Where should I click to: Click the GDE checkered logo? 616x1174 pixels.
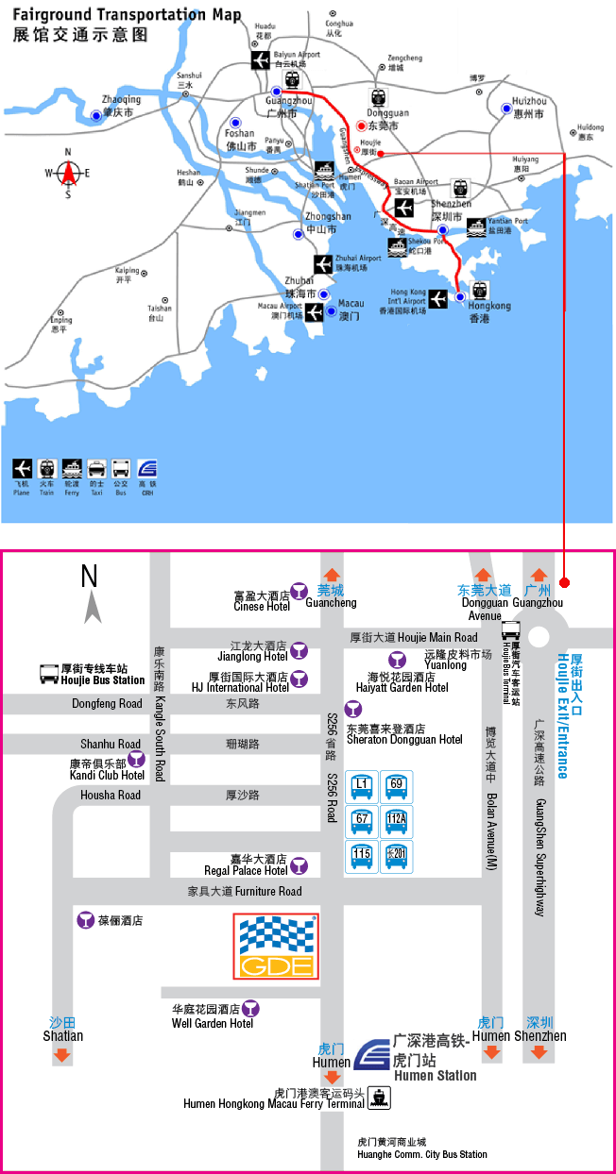276,947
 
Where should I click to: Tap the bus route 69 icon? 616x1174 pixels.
396,786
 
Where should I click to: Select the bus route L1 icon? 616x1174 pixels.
362,786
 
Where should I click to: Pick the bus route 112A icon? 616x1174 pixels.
396,820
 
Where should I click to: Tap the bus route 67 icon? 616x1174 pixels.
362,820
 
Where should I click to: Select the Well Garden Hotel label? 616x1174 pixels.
213,1023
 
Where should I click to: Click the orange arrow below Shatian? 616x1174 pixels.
62,1055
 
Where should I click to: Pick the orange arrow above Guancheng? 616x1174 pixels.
331,575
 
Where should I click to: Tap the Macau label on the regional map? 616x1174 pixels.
350,310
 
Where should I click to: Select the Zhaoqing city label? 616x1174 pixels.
121,100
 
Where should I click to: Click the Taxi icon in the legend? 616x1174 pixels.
96,469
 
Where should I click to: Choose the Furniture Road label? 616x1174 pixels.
245,892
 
